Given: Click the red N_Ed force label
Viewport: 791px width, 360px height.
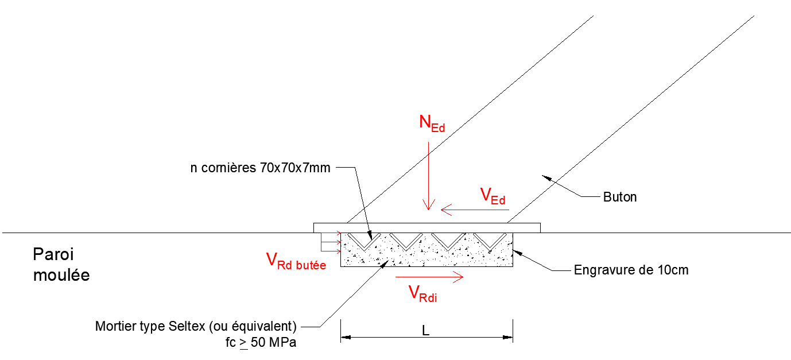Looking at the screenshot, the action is coord(432,123).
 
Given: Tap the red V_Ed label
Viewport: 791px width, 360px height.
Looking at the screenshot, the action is coord(493,196).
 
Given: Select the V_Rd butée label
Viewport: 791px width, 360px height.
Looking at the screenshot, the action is coord(296,261).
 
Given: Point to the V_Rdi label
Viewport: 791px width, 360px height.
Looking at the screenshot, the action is coord(422,294).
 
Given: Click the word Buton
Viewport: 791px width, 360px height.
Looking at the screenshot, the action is coord(620,197).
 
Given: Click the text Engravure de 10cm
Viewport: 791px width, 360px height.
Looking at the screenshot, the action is coord(631,270).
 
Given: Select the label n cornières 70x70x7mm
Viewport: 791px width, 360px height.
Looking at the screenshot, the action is coord(260,168).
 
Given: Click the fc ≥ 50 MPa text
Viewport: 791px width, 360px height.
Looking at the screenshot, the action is coord(261,342).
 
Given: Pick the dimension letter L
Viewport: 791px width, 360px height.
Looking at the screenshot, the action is coord(425,331).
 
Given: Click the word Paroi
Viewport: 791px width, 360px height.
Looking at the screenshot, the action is coord(53,254).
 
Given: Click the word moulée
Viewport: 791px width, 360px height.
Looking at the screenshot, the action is coord(61,275).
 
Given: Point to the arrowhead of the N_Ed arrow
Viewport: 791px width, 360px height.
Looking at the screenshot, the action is coord(428,205).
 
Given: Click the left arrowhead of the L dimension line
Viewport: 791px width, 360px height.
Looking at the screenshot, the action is coord(346,338).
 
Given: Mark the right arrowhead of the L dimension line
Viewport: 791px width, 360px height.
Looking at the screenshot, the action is coord(508,338).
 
